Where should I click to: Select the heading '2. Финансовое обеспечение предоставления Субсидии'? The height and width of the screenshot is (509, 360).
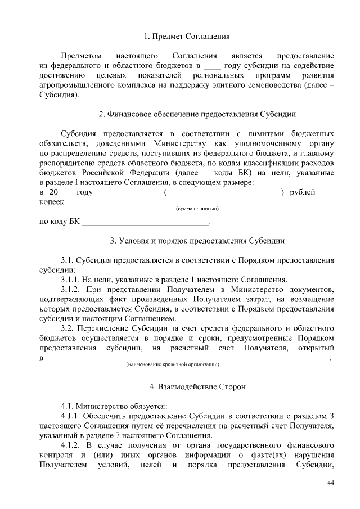tap(197, 114)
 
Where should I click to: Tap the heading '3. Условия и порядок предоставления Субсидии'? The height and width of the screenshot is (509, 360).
tap(197, 241)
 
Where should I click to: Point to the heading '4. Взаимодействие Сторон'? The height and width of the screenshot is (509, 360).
tap(197, 387)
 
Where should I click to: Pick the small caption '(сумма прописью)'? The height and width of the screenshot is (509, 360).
tap(197, 209)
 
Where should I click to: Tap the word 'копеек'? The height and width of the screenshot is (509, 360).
tap(51, 202)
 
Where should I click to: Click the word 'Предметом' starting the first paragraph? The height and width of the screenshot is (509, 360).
tap(81, 56)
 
